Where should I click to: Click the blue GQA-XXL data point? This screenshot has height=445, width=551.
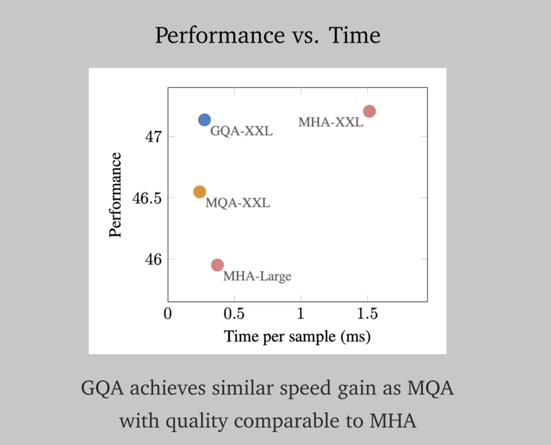(204, 120)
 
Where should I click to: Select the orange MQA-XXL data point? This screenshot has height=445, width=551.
(200, 192)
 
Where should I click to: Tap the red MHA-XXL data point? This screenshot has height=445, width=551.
(369, 111)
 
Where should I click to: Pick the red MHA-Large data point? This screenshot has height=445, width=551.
(217, 265)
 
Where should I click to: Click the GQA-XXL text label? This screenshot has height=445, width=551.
(241, 131)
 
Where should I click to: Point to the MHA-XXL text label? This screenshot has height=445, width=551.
(331, 122)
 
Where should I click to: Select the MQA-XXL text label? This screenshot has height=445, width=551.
(238, 203)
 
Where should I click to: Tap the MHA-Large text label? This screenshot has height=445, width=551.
(257, 276)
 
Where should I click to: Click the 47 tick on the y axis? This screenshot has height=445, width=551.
(153, 137)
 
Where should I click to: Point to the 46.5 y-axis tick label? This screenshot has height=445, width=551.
(147, 198)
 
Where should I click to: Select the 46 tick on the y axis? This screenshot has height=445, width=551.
(153, 259)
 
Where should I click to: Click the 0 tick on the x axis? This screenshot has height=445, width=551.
(167, 313)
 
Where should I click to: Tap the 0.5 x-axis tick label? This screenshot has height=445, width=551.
(234, 313)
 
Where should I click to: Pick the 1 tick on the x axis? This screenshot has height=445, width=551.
(301, 313)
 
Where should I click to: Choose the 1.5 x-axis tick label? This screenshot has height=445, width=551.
(367, 313)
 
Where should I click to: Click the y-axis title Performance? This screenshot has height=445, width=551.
(115, 195)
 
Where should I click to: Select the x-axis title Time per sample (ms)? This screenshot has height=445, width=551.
(297, 337)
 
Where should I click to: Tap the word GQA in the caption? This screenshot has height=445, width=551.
(102, 388)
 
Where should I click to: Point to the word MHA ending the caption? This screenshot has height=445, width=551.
(393, 421)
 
